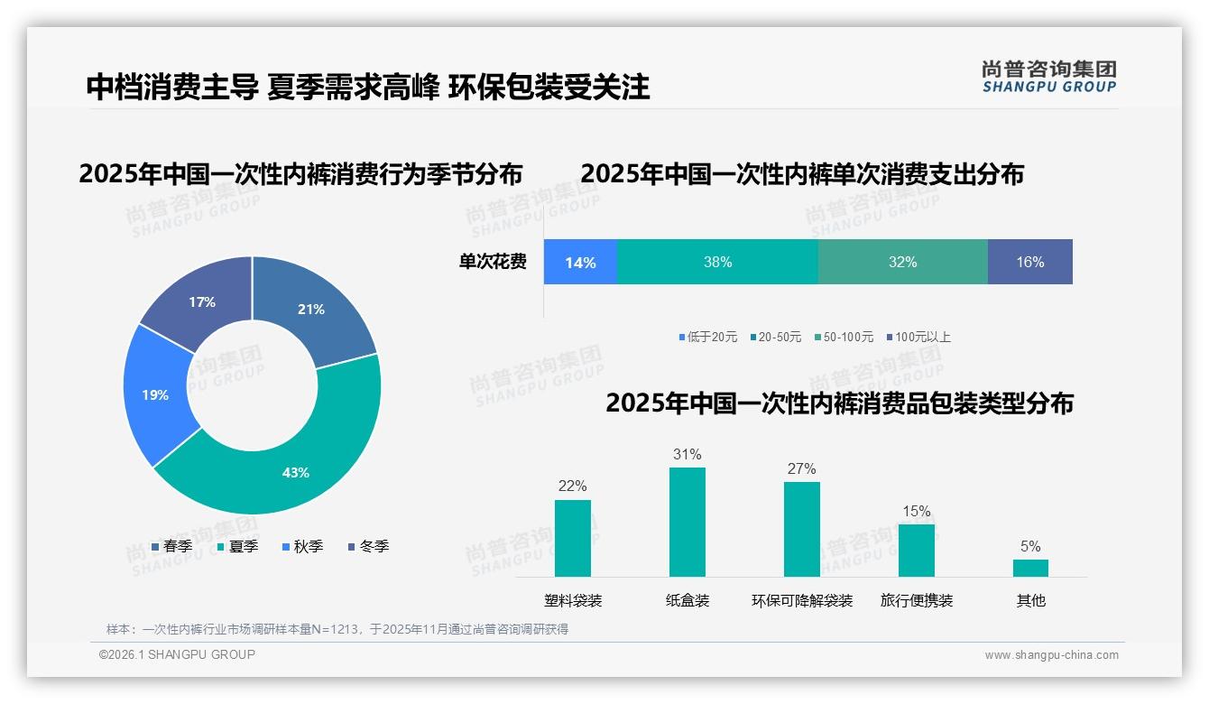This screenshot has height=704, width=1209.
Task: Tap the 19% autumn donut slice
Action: click(155, 394)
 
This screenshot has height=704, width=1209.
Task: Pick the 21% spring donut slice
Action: click(312, 309)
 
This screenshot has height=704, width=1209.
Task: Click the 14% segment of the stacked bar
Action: click(580, 263)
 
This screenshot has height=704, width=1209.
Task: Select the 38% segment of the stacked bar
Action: click(717, 263)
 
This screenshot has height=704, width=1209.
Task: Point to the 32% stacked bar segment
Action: click(902, 263)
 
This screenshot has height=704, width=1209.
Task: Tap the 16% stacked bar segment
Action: click(1029, 263)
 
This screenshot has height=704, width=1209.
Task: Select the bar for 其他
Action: click(1030, 568)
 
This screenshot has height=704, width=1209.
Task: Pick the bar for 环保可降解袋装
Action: click(801, 529)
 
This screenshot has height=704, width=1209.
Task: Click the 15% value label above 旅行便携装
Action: click(916, 511)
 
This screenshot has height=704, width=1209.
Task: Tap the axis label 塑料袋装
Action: click(573, 600)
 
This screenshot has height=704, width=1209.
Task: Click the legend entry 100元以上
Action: click(918, 337)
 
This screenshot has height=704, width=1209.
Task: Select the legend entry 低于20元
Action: click(711, 337)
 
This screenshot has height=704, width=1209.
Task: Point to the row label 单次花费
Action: click(493, 263)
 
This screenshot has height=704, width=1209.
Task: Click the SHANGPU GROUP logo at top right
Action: click(1048, 77)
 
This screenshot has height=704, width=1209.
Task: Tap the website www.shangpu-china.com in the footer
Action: click(1051, 654)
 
